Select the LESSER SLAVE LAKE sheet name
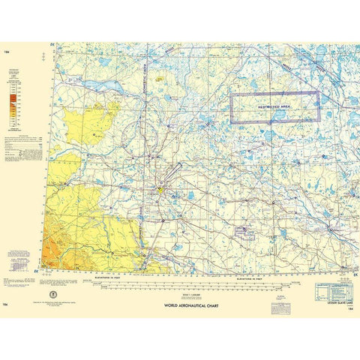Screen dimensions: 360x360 click(x=329, y=301)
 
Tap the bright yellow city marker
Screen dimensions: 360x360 click(x=159, y=189)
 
